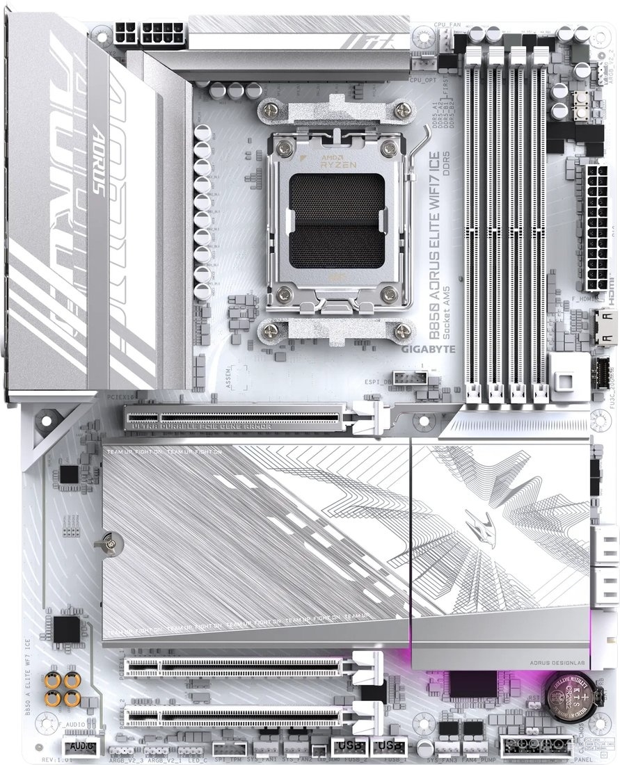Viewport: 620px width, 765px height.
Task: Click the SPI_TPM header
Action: pyautogui.click(x=230, y=748)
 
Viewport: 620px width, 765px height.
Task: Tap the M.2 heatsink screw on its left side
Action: pyautogui.click(x=109, y=543)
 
